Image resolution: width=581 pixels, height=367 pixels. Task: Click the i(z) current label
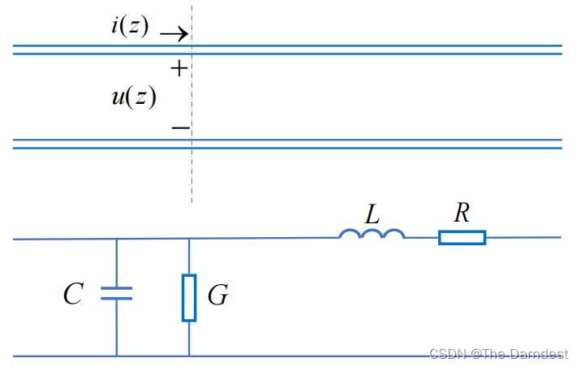point(130,26)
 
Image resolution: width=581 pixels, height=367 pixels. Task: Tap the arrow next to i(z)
point(173,34)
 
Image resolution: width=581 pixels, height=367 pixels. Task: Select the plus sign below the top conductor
point(179,69)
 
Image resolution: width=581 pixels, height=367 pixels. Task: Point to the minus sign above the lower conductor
point(180,127)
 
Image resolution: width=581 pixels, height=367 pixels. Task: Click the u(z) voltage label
point(133,97)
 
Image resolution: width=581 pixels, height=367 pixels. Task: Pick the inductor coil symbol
point(371,234)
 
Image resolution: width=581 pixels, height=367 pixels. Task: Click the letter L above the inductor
point(372,214)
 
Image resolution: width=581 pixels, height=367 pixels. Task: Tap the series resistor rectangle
point(462,237)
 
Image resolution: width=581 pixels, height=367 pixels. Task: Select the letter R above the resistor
point(462,214)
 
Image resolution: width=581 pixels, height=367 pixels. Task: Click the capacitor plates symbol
point(116,293)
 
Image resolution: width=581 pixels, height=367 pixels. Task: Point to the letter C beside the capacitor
point(73,294)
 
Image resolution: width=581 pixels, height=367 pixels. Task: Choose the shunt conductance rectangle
point(189,298)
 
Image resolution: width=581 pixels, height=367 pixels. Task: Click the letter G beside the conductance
point(217,296)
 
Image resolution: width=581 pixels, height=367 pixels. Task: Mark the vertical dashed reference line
point(192,179)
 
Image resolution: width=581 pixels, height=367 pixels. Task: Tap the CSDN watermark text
point(498,354)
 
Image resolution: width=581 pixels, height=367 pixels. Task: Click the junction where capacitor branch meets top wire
point(116,239)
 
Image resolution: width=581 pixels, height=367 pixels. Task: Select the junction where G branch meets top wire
point(189,239)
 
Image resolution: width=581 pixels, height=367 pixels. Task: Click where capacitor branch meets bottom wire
point(116,356)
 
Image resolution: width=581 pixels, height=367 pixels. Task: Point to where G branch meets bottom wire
point(189,356)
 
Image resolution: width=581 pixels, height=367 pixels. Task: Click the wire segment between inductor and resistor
point(421,237)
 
